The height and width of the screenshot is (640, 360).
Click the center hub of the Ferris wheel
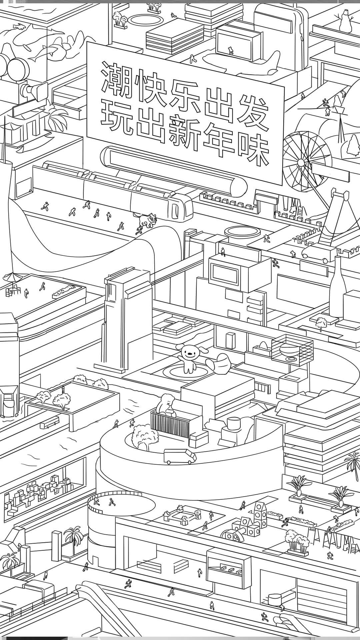[x=301, y=162]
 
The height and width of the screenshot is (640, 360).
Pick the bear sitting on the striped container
[x=167, y=404]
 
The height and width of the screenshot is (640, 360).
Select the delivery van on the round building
[x=180, y=456]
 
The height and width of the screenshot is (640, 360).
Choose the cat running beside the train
[x=147, y=220]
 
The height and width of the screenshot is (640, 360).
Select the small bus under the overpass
[x=49, y=422]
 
